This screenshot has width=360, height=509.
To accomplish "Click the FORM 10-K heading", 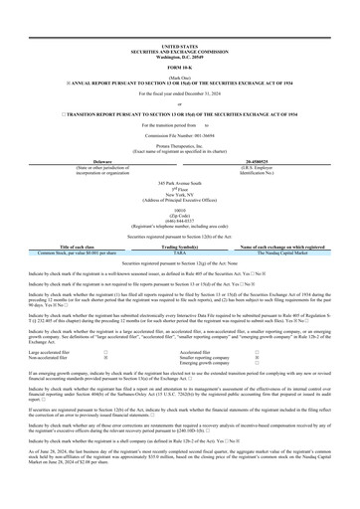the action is pyautogui.click(x=179, y=39).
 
